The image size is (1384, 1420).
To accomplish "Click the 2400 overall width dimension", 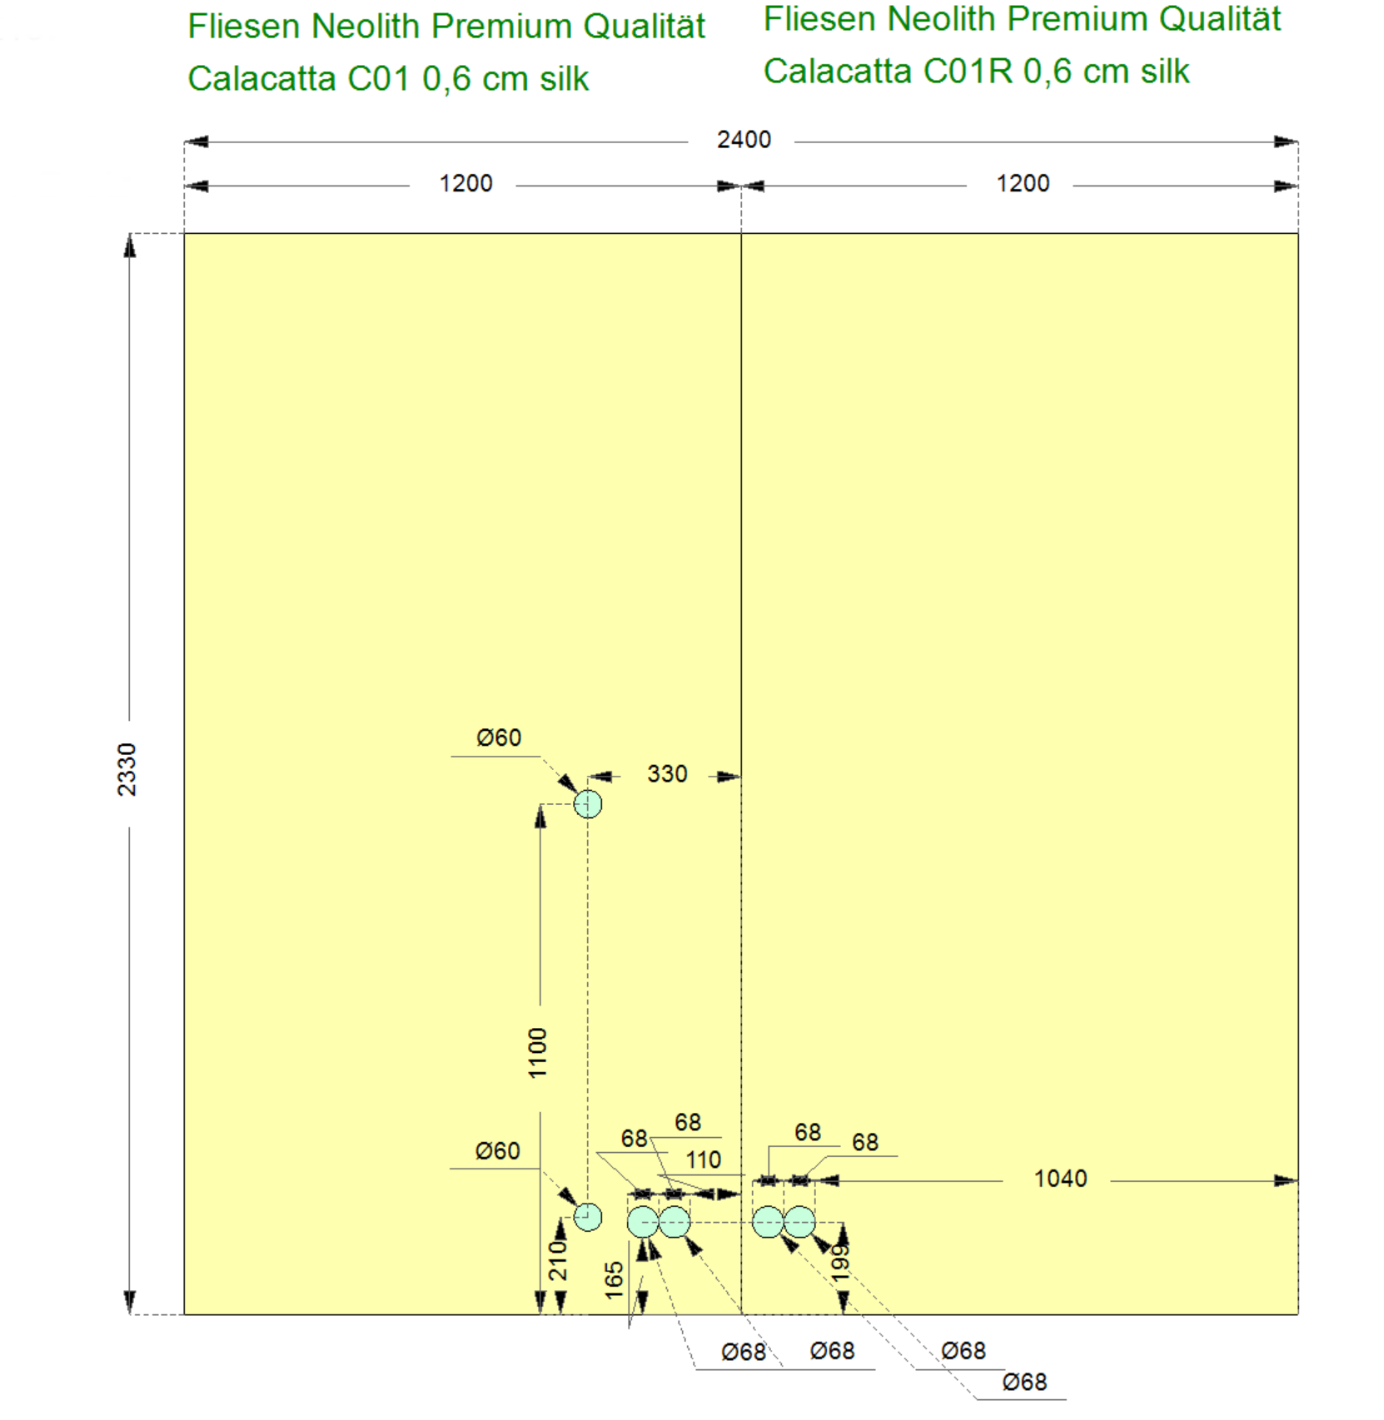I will click(x=744, y=140).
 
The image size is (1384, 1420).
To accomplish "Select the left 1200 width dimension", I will click(x=465, y=184).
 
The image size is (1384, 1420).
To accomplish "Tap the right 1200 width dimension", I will click(x=1023, y=184).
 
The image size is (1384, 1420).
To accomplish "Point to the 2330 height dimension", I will click(x=127, y=770).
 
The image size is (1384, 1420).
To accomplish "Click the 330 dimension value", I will click(x=667, y=774).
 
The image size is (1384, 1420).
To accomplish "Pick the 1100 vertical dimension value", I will click(x=538, y=1053).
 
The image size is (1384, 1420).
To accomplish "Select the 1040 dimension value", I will click(x=1060, y=1179).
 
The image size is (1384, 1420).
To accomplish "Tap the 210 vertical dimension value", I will click(x=558, y=1260).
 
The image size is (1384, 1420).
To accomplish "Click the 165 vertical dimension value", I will click(x=615, y=1280).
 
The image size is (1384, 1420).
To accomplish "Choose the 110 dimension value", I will click(x=703, y=1159).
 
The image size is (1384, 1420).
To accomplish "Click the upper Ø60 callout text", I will click(x=499, y=738).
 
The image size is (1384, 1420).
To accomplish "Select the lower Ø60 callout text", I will click(x=497, y=1151).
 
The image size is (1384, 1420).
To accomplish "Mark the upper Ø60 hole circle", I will click(x=588, y=804).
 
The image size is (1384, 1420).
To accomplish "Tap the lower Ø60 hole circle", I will click(x=588, y=1217).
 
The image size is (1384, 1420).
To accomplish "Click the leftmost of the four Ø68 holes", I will click(x=643, y=1222).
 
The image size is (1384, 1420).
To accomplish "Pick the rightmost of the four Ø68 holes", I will click(x=799, y=1222).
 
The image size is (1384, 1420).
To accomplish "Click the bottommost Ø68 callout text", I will click(x=1024, y=1383).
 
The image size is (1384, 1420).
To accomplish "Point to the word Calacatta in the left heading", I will click(x=261, y=79).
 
